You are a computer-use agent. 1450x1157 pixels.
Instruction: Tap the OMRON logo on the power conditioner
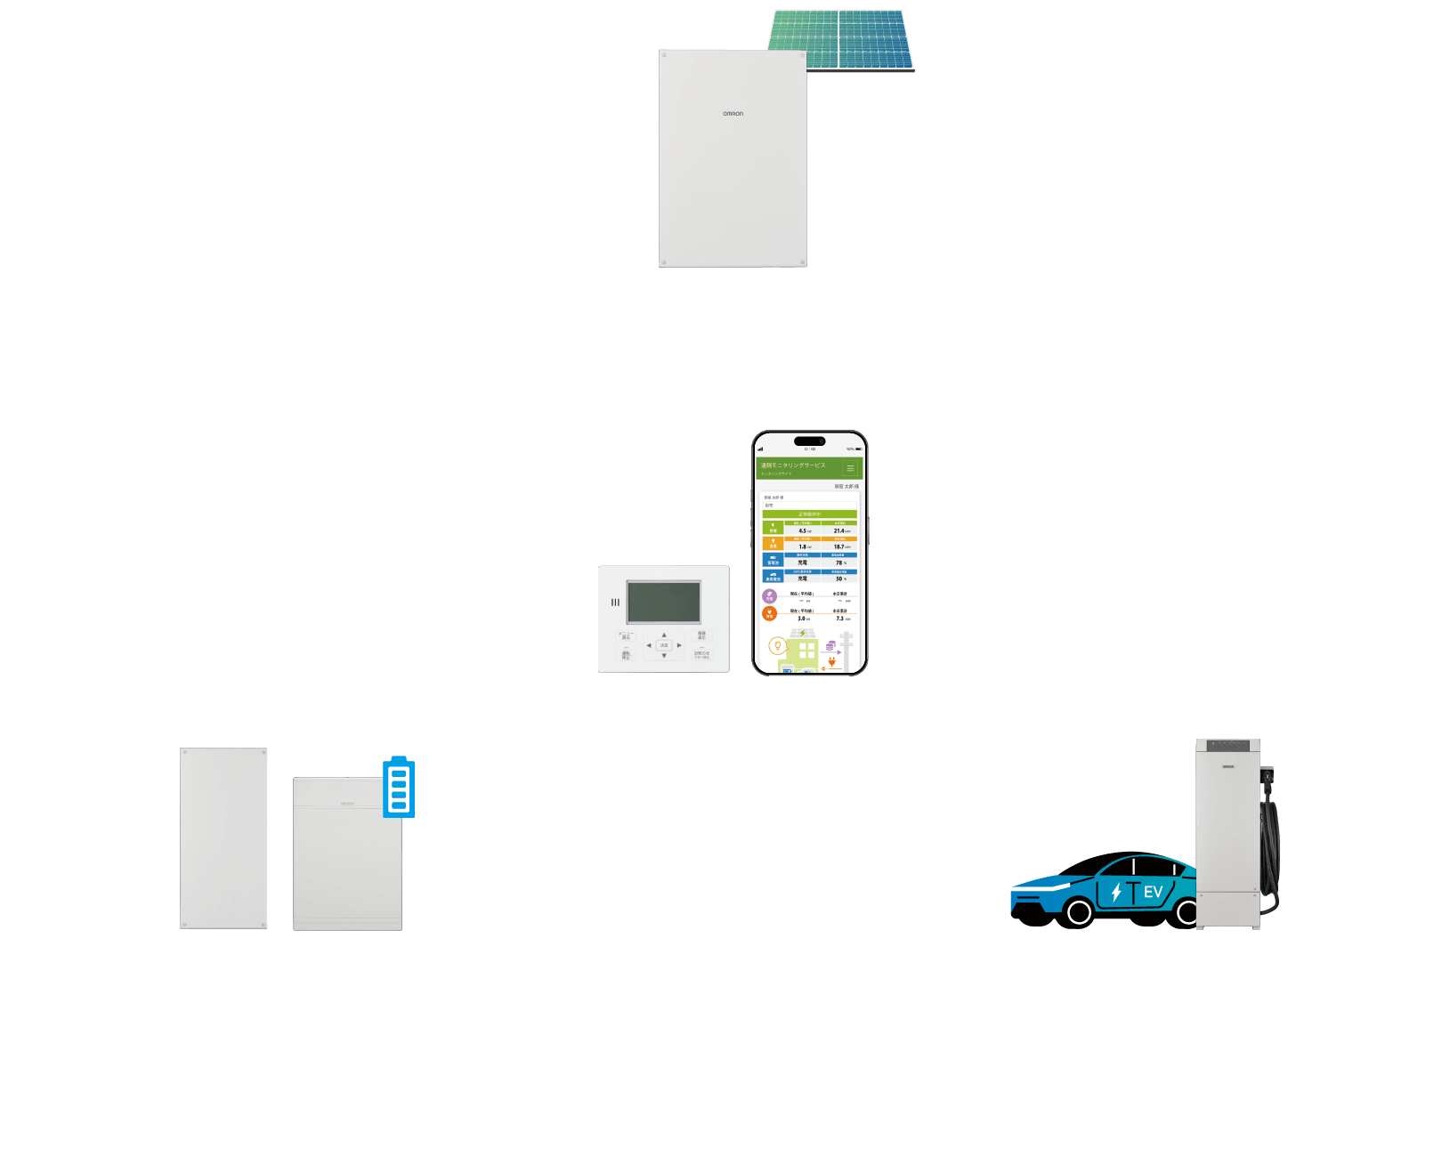tap(733, 114)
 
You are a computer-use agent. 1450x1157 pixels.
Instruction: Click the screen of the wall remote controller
tap(663, 602)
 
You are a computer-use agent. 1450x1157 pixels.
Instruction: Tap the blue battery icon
tap(398, 788)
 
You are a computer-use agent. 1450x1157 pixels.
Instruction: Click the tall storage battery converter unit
tap(223, 838)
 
